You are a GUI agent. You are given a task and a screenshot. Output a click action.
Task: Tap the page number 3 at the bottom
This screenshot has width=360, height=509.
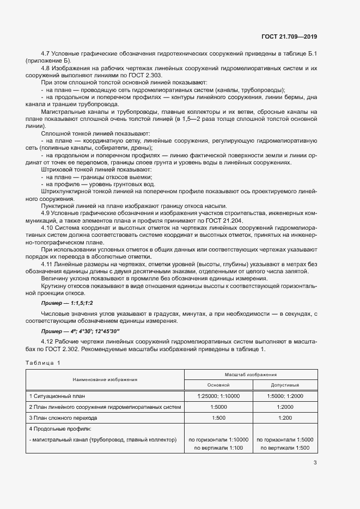tap(315, 463)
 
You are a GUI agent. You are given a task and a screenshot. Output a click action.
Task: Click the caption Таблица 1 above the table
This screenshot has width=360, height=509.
tap(43, 363)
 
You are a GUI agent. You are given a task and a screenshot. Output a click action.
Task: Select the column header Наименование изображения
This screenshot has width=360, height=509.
tap(106, 379)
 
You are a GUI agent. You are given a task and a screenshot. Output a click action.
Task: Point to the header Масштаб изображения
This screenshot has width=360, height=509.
tap(251, 375)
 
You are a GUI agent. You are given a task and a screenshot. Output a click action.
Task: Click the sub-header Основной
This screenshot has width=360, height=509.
tap(217, 384)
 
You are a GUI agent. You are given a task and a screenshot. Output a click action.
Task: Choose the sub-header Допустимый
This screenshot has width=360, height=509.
tap(285, 384)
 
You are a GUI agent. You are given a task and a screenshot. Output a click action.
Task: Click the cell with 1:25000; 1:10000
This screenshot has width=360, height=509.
tap(218, 396)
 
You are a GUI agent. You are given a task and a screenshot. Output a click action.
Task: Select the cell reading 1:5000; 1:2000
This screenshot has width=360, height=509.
tap(285, 396)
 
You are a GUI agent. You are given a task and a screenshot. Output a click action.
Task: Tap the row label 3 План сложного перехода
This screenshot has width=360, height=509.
tap(63, 418)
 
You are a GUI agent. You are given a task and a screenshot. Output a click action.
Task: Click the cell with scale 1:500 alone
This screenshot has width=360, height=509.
tap(218, 418)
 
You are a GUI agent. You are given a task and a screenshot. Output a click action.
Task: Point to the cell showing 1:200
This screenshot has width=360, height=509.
tap(285, 418)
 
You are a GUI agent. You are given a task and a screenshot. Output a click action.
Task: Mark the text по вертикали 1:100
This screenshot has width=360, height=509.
tap(217, 447)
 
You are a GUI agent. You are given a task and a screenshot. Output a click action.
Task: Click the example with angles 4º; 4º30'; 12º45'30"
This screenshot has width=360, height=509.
tap(80, 330)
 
